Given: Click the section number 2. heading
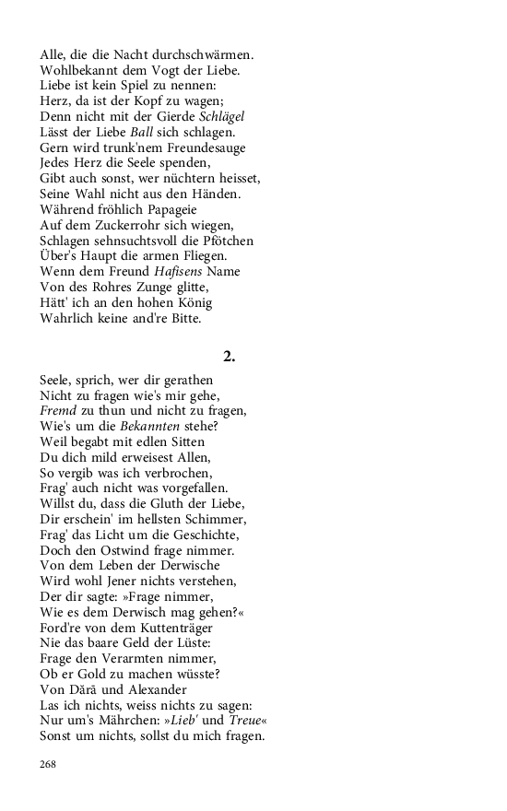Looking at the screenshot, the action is click(x=229, y=356).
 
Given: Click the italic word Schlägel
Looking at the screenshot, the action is click(x=222, y=117).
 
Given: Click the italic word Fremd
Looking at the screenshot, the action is click(x=56, y=410).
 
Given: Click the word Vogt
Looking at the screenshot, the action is click(x=148, y=71).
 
